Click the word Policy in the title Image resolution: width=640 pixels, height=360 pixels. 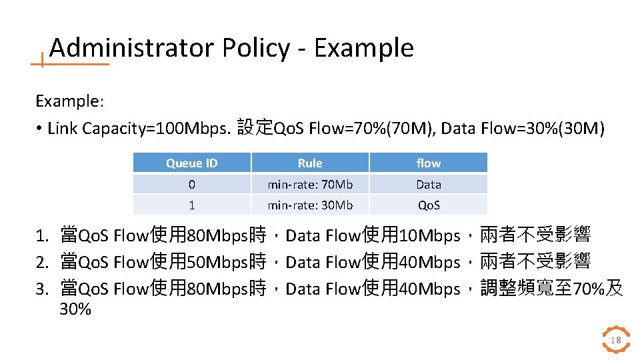pyautogui.click(x=256, y=48)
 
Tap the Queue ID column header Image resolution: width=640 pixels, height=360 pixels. pyautogui.click(x=192, y=163)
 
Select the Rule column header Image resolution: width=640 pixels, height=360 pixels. pyautogui.click(x=310, y=163)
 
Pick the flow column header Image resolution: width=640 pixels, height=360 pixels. pyautogui.click(x=429, y=163)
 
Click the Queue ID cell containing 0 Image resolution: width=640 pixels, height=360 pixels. pyautogui.click(x=192, y=184)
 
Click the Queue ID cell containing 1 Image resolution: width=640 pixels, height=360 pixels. pyautogui.click(x=192, y=205)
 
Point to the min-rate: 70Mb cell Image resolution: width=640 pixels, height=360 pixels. pyautogui.click(x=310, y=184)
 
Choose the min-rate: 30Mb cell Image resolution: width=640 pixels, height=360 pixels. pyautogui.click(x=310, y=205)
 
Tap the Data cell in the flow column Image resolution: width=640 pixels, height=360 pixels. pyautogui.click(x=429, y=184)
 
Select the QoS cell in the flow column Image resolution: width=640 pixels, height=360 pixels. pyautogui.click(x=429, y=205)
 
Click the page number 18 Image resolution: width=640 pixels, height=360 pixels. pyautogui.click(x=616, y=341)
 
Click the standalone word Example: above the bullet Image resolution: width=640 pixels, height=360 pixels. pyautogui.click(x=69, y=101)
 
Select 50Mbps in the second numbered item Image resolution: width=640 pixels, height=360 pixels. pyautogui.click(x=218, y=262)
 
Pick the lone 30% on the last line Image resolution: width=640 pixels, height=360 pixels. pyautogui.click(x=75, y=309)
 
